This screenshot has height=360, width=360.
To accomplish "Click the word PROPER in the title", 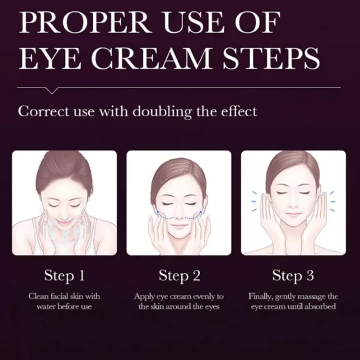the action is [x=85, y=22].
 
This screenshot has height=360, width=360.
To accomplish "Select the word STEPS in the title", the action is [x=271, y=58].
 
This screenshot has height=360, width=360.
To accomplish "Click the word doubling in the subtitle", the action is [x=162, y=112].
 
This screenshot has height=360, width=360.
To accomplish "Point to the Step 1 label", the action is [x=64, y=276].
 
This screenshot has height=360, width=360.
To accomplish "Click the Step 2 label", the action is [x=179, y=276].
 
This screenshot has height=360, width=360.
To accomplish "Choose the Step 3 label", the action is [x=293, y=276].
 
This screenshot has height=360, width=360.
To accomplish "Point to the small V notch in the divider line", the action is [x=52, y=91].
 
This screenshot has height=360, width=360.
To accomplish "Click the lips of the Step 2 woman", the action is [x=178, y=226].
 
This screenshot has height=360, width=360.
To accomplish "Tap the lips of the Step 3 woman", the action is [x=292, y=214].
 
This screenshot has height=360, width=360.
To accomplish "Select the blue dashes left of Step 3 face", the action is [x=254, y=201].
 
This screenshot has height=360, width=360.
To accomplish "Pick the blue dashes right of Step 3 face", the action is [x=332, y=201].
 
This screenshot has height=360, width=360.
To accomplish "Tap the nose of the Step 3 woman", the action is [x=292, y=204].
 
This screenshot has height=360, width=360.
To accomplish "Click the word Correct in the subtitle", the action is [x=43, y=111].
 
